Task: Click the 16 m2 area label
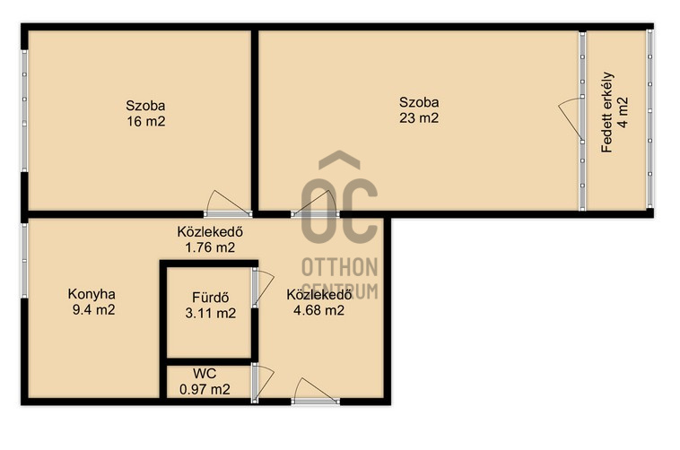[x=146, y=121]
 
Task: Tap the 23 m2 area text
[x=419, y=118]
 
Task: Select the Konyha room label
[x=92, y=294]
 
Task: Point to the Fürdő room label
[x=210, y=298]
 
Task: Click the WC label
[x=205, y=373]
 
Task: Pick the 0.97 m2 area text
[x=205, y=389]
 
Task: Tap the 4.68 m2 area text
[x=318, y=310]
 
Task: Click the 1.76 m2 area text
[x=210, y=247]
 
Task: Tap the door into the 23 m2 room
[x=315, y=203]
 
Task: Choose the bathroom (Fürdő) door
[x=262, y=288]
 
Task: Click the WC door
[x=262, y=384]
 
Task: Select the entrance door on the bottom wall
[x=315, y=392]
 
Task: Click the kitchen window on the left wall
[x=24, y=261]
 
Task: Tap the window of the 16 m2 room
[x=24, y=111]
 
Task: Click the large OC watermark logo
[x=340, y=197]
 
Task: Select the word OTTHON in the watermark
[x=340, y=267]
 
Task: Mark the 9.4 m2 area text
[x=93, y=310]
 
